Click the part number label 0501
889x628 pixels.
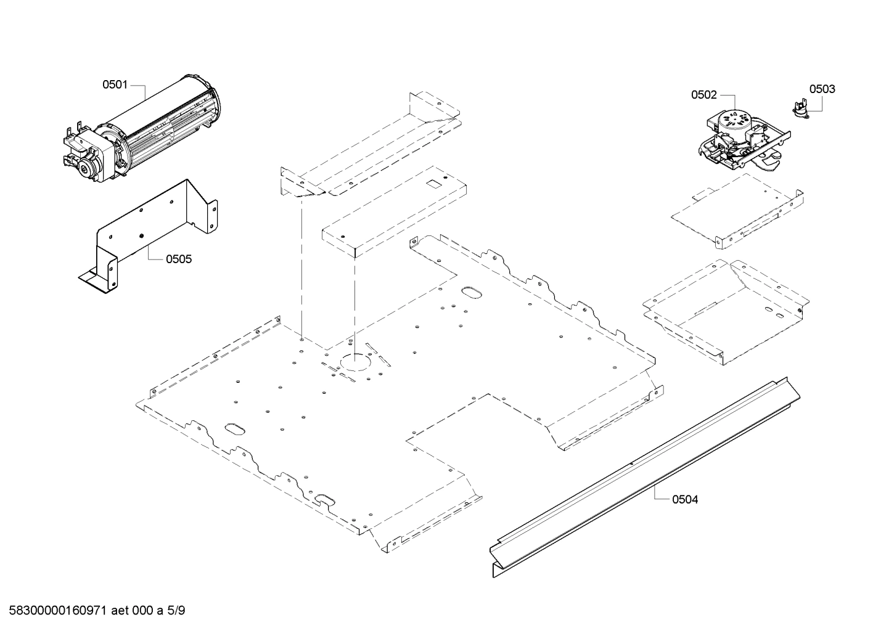115,84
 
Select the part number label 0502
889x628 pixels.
703,95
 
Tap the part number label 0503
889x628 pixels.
822,89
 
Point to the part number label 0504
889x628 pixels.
685,499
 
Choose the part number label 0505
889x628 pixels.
178,259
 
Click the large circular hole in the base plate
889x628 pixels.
354,362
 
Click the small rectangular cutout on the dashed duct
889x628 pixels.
436,183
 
